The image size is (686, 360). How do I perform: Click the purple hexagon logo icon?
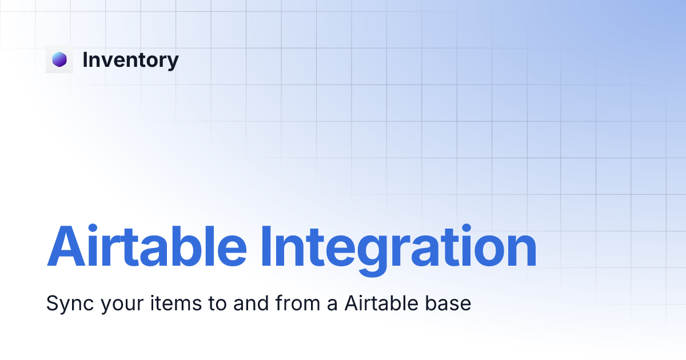tap(59, 59)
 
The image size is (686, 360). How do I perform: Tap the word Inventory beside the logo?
tap(130, 59)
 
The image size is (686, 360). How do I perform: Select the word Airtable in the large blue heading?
tap(146, 247)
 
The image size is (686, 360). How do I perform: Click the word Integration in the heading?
tap(398, 247)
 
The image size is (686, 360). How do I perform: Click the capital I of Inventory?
tap(86, 59)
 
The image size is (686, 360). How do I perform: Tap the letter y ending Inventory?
tap(173, 62)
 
